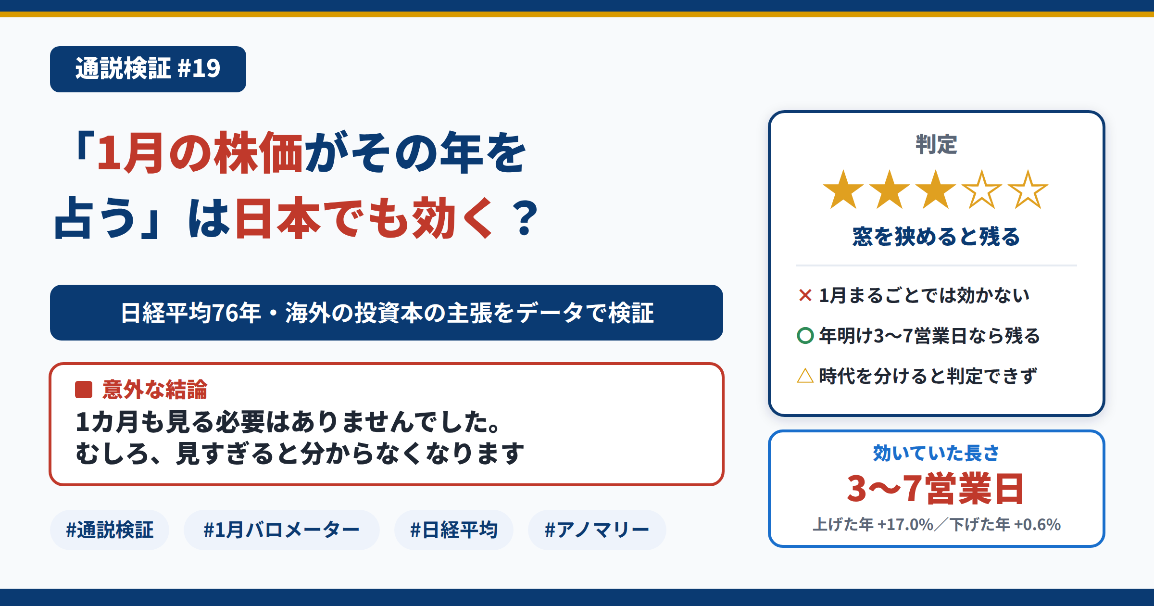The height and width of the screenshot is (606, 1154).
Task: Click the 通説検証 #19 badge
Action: tap(148, 69)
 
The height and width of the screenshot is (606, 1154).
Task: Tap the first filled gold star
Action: tap(843, 190)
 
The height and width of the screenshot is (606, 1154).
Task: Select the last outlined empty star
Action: tap(1028, 190)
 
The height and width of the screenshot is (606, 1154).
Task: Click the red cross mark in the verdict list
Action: tap(805, 295)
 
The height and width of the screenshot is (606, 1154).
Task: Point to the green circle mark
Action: tap(805, 336)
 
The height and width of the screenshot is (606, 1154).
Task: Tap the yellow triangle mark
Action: tap(805, 376)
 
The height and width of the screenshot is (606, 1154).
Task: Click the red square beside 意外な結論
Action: tap(84, 390)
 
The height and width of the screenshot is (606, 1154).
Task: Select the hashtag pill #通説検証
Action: tap(110, 530)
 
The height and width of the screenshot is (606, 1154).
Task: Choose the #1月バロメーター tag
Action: tap(282, 530)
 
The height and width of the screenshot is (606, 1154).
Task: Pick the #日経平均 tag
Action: tap(454, 530)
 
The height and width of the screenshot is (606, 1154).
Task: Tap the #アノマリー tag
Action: tap(597, 530)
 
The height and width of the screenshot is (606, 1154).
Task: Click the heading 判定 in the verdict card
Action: tap(936, 144)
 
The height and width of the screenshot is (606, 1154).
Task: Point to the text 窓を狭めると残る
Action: tap(936, 237)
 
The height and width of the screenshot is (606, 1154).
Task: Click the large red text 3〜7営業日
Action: tap(936, 489)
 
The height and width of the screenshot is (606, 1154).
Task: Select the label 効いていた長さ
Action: tap(936, 453)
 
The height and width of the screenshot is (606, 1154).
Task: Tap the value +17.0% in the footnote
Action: tap(905, 524)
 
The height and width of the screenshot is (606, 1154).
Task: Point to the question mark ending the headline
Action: tap(525, 218)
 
